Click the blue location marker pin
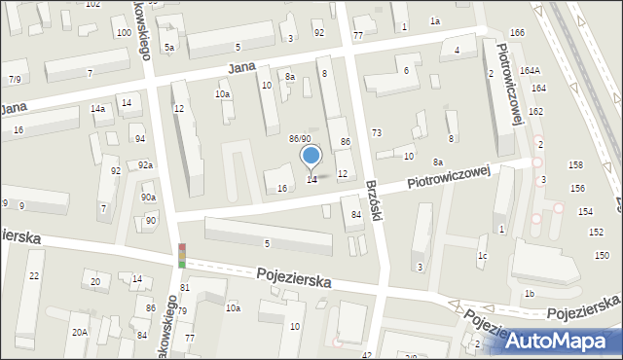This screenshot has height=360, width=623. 311,157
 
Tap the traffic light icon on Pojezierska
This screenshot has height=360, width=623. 181,256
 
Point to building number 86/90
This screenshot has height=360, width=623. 300,139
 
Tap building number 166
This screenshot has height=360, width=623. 517,33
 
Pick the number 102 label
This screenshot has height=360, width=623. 92,4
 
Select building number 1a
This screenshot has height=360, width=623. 435,20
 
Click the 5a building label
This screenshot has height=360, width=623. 169,47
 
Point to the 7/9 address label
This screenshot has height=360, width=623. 15,78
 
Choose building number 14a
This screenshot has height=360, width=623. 98,109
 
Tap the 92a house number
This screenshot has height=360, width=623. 145,165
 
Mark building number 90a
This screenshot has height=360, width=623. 148,198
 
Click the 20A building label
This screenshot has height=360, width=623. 79,332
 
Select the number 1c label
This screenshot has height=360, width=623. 482,256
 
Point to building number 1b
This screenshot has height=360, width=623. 529,293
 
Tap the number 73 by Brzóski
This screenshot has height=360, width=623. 377,132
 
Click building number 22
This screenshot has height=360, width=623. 34,276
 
